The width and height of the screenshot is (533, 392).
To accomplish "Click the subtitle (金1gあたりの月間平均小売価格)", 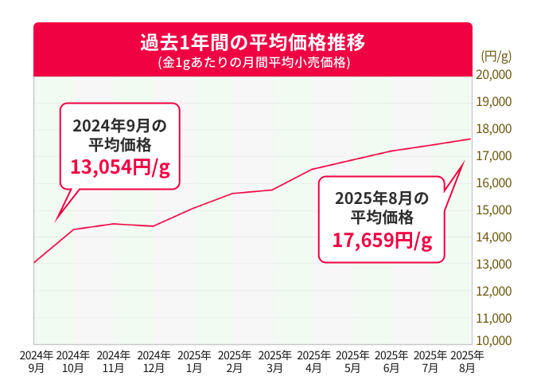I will [252, 61].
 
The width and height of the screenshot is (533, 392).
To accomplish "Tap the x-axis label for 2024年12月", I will [154, 362].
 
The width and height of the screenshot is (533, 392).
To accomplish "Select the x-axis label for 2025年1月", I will [194, 362].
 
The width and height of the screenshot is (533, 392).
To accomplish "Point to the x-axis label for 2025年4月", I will [313, 362].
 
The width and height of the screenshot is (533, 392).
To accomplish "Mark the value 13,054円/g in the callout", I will [120, 167].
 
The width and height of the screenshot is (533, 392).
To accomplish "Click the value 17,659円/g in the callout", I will [382, 239].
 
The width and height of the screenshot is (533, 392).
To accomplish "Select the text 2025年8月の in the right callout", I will [382, 198].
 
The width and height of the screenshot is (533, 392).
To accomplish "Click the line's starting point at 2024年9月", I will [34, 262].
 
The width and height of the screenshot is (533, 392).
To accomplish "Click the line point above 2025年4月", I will [313, 169].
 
